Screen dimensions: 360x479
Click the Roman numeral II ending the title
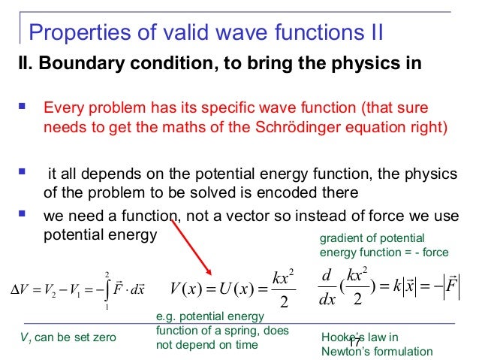pos(373,33)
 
